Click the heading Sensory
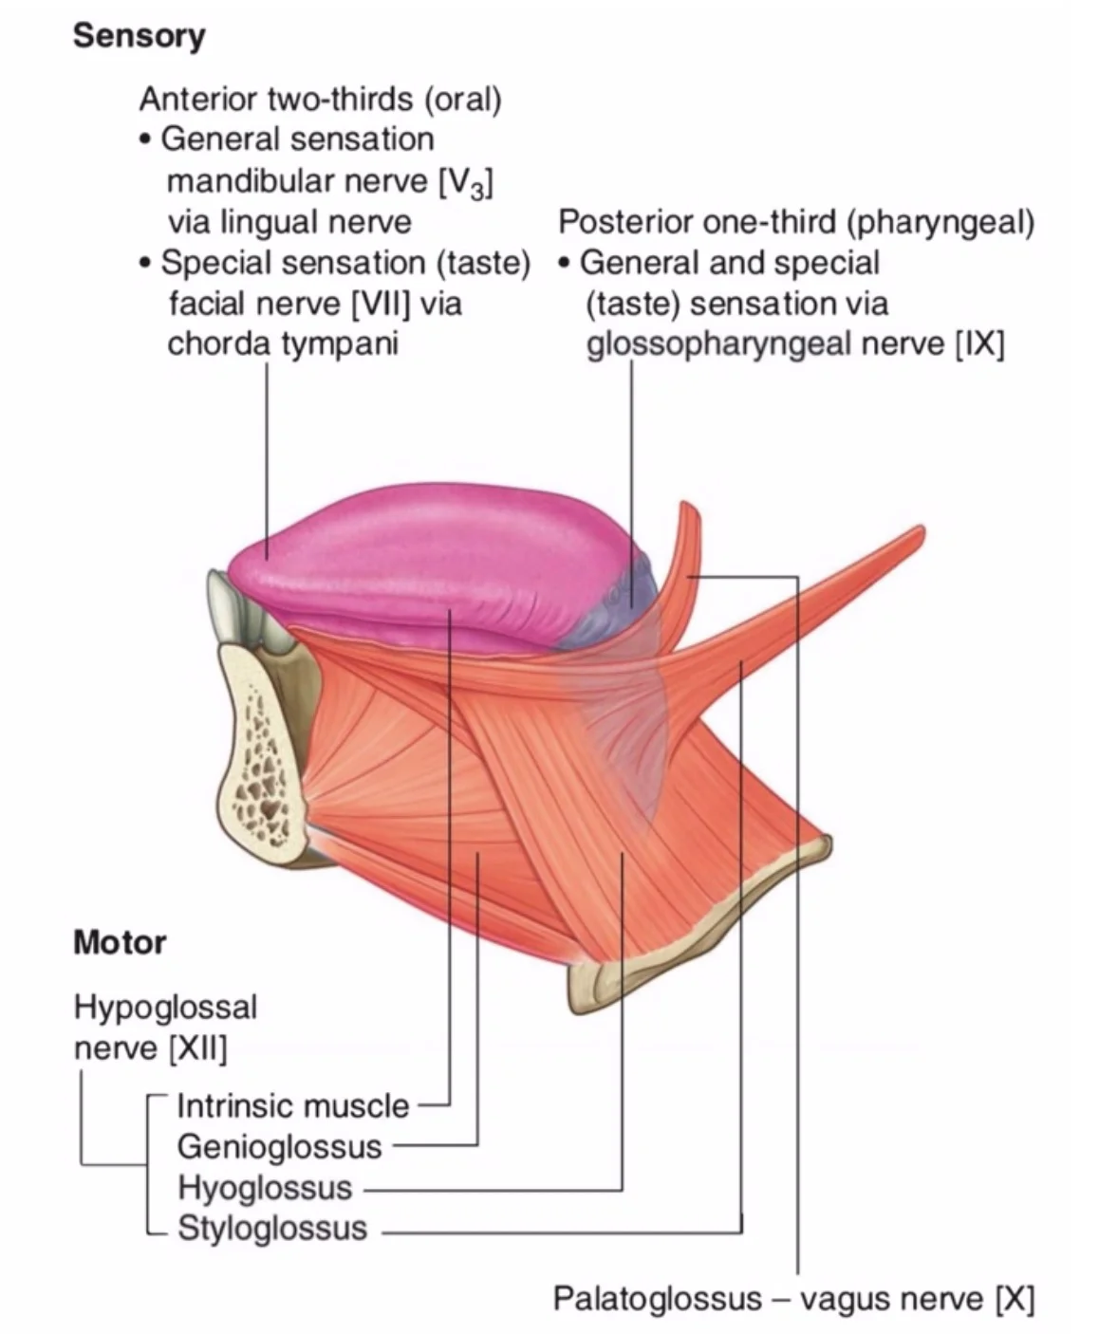[x=139, y=36]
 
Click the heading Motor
[x=120, y=942]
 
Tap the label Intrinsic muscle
[x=292, y=1105]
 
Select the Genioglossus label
[x=279, y=1146]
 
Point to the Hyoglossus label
[x=265, y=1187]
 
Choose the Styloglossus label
[x=272, y=1228]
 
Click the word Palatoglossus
[x=657, y=1298]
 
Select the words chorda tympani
[x=282, y=343]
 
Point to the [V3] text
[x=465, y=181]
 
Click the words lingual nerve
[x=316, y=222]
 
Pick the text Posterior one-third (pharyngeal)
[x=795, y=222]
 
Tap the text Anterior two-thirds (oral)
[x=320, y=99]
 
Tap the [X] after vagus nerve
[x=1014, y=1298]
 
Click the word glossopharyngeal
[x=718, y=343]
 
